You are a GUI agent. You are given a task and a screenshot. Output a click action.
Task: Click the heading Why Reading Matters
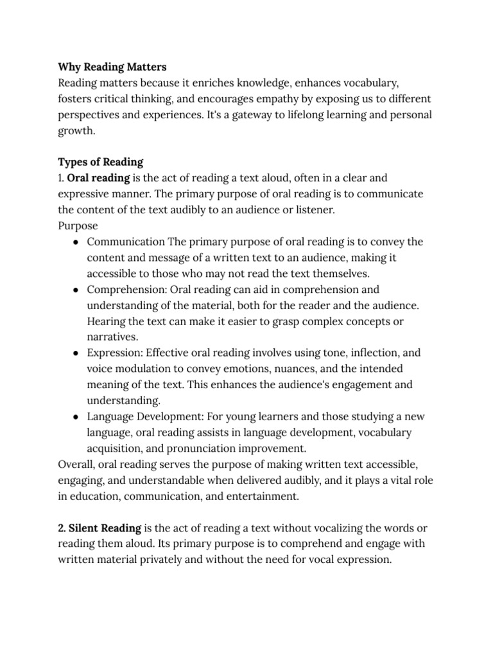(x=112, y=67)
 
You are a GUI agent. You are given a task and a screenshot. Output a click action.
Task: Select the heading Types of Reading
(x=101, y=161)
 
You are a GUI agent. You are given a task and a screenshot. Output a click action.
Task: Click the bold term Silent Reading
(x=105, y=528)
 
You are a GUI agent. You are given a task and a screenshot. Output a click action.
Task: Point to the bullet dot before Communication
(x=76, y=242)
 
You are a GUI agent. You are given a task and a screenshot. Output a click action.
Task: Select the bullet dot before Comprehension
(x=76, y=289)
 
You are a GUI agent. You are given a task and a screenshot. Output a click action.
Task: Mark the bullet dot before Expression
(x=76, y=353)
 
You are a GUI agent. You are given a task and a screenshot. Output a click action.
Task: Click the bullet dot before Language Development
(x=76, y=416)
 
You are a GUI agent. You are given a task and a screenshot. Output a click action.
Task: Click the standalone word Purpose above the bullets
(x=78, y=226)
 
